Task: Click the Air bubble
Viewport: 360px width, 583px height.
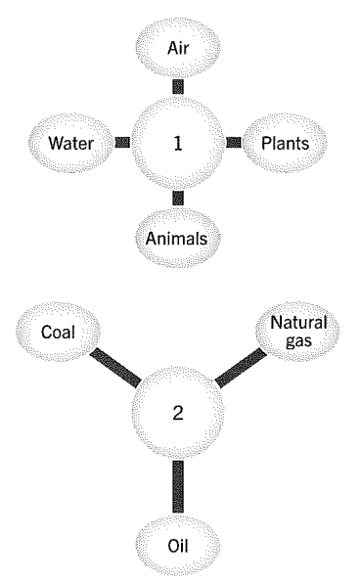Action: pyautogui.click(x=178, y=48)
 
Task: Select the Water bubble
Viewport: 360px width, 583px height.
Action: pyautogui.click(x=71, y=143)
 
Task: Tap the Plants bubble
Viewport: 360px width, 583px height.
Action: pyautogui.click(x=285, y=143)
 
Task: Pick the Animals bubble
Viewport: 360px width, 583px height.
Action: pyautogui.click(x=177, y=238)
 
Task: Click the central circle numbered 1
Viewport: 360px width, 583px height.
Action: pyautogui.click(x=178, y=143)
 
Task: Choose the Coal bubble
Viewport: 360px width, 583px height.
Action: pyautogui.click(x=58, y=332)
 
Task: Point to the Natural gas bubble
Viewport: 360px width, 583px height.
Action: pyautogui.click(x=298, y=332)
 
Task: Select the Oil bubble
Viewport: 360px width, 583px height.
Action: pyautogui.click(x=178, y=546)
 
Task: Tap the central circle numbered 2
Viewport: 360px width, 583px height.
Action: pyautogui.click(x=178, y=413)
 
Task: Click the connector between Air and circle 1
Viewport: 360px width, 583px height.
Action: pyautogui.click(x=178, y=87)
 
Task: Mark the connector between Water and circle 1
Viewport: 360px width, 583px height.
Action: pyautogui.click(x=122, y=143)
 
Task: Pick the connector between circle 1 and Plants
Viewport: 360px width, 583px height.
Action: pyautogui.click(x=234, y=143)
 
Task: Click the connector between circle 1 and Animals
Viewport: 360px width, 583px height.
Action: pyautogui.click(x=178, y=199)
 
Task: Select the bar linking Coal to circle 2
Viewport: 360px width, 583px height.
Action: pyautogui.click(x=115, y=367)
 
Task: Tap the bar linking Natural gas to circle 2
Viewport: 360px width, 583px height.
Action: pyautogui.click(x=241, y=368)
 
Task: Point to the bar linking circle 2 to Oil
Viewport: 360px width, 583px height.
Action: pyautogui.click(x=178, y=487)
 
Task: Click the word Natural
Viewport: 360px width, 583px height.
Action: pyautogui.click(x=298, y=323)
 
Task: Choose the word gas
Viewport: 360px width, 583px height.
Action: pyautogui.click(x=298, y=341)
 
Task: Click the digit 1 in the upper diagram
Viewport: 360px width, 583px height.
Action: pyautogui.click(x=178, y=143)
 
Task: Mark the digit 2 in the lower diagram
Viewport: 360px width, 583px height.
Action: pyautogui.click(x=178, y=413)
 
